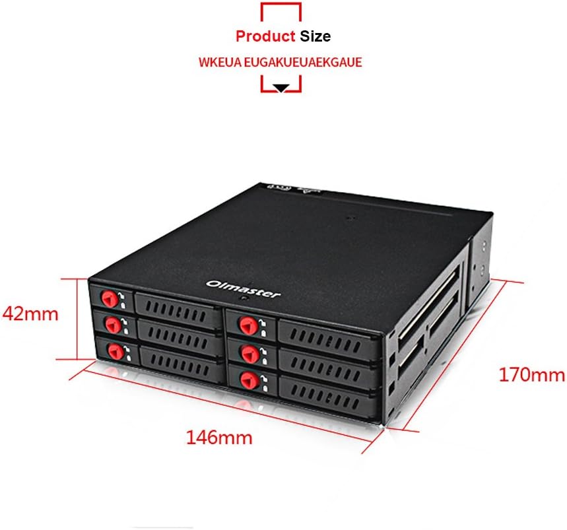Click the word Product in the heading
[265, 36]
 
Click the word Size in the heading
[315, 36]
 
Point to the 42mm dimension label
[30, 314]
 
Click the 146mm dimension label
[219, 438]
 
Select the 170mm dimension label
[532, 374]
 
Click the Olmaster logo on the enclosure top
[243, 288]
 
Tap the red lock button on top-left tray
[110, 299]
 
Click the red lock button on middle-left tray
[114, 325]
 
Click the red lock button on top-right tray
[249, 325]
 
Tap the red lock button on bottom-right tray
[249, 381]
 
